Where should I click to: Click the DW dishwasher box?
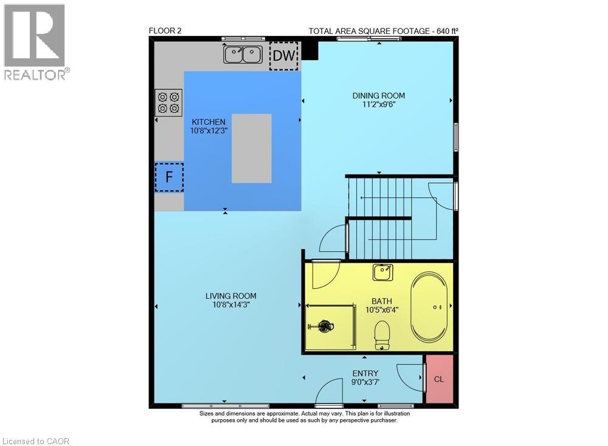(x=284, y=56)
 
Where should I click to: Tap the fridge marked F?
(x=169, y=177)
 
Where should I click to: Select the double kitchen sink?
(x=243, y=55)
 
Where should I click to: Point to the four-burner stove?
(x=169, y=103)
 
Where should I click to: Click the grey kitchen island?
(x=251, y=148)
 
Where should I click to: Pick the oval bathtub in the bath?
(x=430, y=307)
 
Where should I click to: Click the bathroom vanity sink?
(x=383, y=273)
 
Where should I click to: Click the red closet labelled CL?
(x=439, y=379)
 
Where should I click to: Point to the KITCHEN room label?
(x=209, y=122)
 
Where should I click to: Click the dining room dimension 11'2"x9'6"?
(x=379, y=105)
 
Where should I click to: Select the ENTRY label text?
(x=365, y=374)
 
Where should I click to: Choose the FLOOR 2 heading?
(x=166, y=32)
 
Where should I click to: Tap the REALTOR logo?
(x=35, y=43)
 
